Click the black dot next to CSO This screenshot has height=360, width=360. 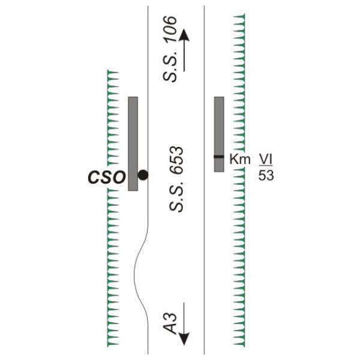point(143,175)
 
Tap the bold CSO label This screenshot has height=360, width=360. point(107,178)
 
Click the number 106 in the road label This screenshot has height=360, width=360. point(170,29)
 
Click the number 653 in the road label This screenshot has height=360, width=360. point(176,160)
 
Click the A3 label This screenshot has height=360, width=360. point(170,323)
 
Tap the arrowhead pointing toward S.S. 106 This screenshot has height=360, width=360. point(184,35)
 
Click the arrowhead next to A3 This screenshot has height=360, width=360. point(184,339)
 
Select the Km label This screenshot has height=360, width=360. point(239,159)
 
